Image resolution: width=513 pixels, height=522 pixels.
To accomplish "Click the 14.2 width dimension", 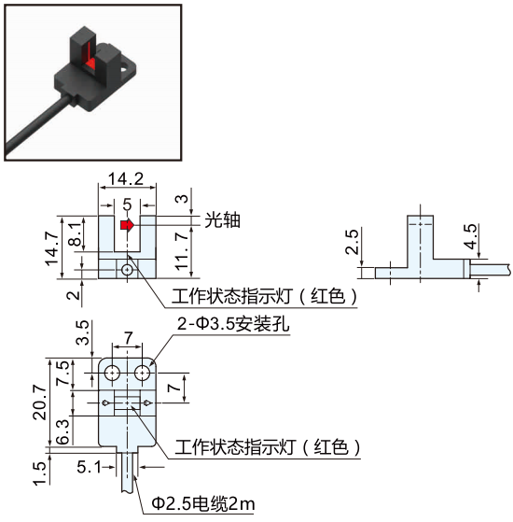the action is [126, 178].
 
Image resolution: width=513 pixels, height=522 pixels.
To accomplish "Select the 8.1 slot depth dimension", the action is [76, 234].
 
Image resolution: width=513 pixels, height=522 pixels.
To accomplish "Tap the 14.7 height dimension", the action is [52, 249].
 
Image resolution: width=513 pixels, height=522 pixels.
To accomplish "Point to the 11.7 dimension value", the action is [182, 251].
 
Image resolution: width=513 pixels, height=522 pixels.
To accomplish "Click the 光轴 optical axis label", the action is [222, 219].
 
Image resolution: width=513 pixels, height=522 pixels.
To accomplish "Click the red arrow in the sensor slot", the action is [127, 225].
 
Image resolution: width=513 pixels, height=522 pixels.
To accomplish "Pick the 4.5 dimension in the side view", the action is [470, 236].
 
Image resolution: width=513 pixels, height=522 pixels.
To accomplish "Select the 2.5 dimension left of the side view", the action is [352, 242].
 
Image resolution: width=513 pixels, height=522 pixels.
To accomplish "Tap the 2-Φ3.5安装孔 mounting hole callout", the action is [233, 324].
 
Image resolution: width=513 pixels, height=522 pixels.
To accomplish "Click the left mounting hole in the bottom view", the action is [113, 373].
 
